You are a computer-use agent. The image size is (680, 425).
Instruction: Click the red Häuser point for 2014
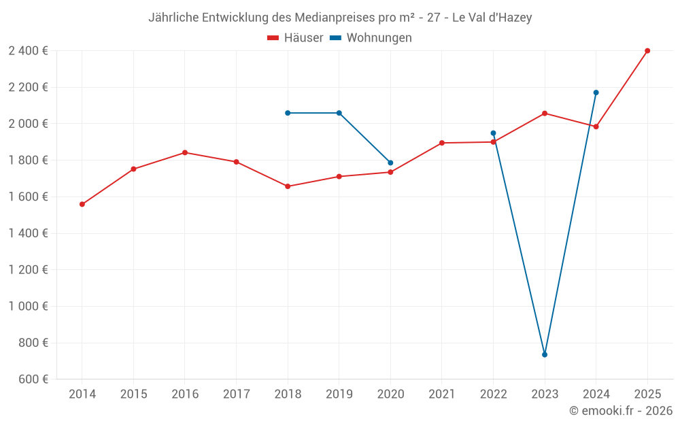point(82,204)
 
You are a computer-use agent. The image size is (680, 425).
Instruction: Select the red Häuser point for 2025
point(647,50)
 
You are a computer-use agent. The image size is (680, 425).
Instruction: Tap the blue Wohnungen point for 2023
point(545,354)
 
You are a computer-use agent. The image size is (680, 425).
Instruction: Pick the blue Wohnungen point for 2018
point(288,113)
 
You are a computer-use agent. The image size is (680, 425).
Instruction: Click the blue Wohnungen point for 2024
point(596,92)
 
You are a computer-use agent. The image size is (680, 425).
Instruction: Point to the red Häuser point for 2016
point(185,152)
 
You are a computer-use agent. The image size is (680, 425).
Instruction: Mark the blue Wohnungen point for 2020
point(390,163)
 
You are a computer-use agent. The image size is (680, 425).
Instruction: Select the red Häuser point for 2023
point(545,113)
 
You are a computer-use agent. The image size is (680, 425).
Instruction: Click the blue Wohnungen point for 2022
point(493,133)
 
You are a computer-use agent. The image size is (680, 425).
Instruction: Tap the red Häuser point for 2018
point(288,186)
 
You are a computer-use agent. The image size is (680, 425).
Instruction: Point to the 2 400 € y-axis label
point(28,50)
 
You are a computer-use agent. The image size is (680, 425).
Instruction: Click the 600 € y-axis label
point(32,379)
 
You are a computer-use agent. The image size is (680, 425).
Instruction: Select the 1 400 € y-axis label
point(28,233)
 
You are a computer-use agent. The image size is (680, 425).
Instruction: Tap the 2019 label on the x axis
point(339,394)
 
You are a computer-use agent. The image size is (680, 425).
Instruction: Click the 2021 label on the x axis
point(442,394)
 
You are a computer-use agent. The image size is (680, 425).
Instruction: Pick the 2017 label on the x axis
point(236,394)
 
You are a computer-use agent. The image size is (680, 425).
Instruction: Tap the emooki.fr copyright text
point(620,411)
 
